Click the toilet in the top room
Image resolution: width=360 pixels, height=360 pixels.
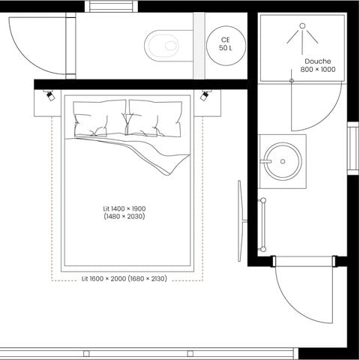tap(162, 45)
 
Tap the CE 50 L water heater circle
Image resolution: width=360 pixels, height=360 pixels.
tap(224, 43)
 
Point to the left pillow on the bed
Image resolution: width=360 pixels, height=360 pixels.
tap(100, 118)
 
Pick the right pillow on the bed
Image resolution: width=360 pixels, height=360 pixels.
tap(155, 118)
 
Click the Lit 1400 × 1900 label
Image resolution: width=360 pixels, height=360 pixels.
tap(124, 212)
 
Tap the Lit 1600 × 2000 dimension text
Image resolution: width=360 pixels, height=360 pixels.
tap(124, 278)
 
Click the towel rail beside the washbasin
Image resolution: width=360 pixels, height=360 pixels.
tap(263, 223)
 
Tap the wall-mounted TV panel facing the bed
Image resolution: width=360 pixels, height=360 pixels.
tap(240, 220)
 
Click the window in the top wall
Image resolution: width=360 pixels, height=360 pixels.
tap(110, 7)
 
